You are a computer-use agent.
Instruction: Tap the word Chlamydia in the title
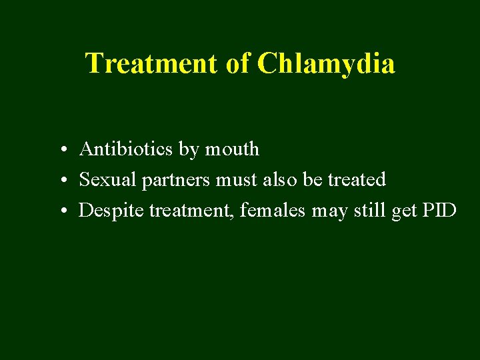pyautogui.click(x=326, y=64)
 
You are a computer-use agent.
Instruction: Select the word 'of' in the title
pyautogui.click(x=237, y=64)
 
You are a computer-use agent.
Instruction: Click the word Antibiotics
pyautogui.click(x=126, y=149)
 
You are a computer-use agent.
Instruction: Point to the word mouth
pyautogui.click(x=232, y=149)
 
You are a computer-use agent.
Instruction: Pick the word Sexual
pyautogui.click(x=107, y=180)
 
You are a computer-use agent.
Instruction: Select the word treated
pyautogui.click(x=357, y=180)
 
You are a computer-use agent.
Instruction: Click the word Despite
pyautogui.click(x=111, y=211)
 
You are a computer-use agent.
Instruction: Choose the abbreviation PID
pyautogui.click(x=439, y=211)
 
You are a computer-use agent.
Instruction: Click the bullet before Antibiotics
pyautogui.click(x=61, y=150)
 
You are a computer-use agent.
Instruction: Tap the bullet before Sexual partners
pyautogui.click(x=61, y=181)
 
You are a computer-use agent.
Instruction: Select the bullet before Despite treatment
pyautogui.click(x=61, y=212)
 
